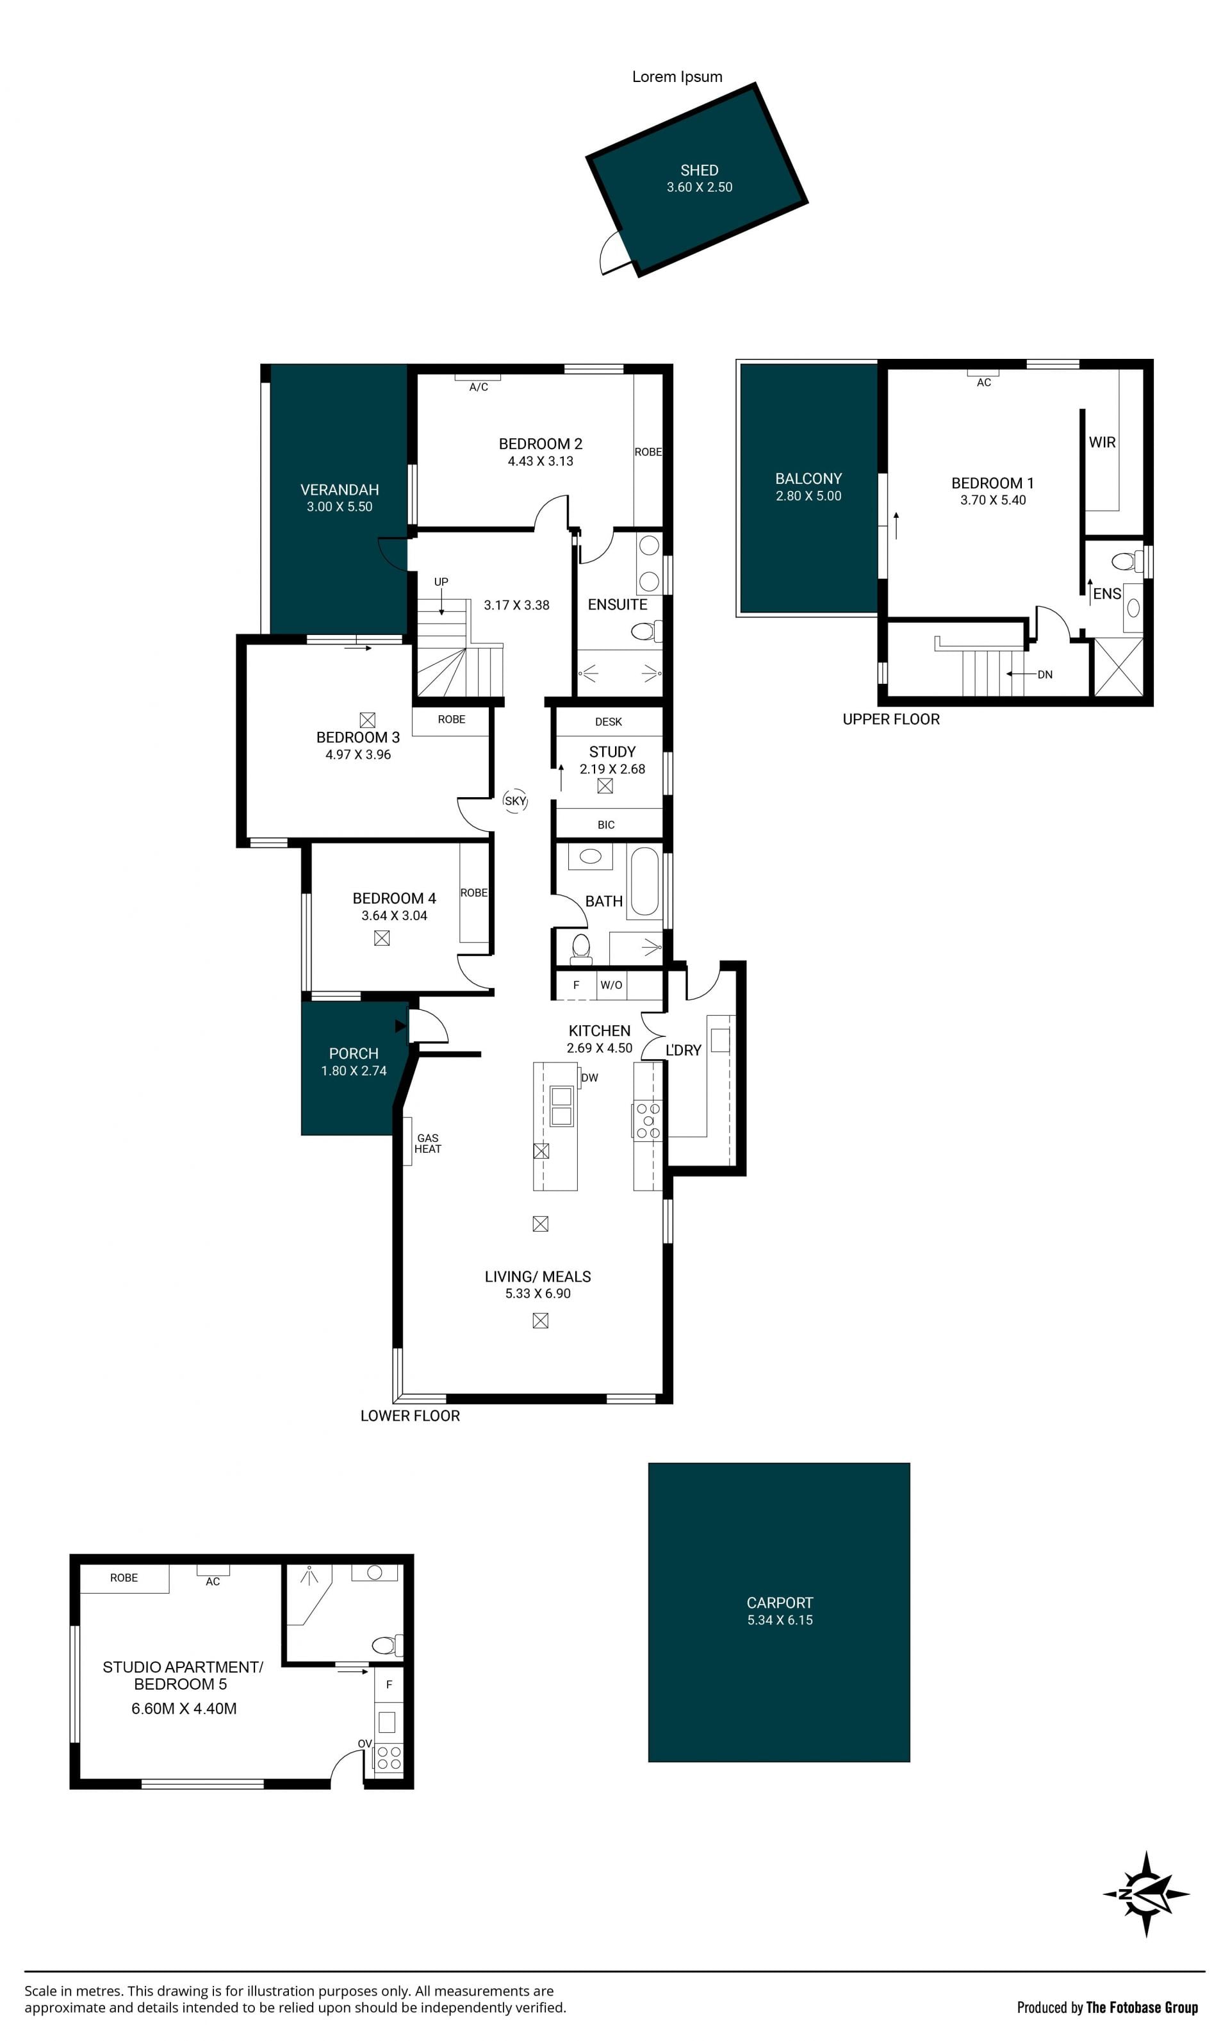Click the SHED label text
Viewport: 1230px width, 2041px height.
(x=699, y=170)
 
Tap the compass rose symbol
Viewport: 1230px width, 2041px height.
(x=1145, y=1894)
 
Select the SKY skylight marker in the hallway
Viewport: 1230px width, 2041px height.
(x=515, y=801)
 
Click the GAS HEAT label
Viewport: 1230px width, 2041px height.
(x=427, y=1143)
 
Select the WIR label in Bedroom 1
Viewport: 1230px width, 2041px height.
(x=1102, y=442)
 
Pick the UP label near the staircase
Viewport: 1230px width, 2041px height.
(x=441, y=581)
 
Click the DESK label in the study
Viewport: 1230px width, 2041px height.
(x=608, y=722)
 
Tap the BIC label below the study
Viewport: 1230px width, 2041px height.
(x=605, y=825)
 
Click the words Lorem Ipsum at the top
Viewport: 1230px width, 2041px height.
(x=676, y=77)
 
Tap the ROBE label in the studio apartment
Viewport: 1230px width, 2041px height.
(x=124, y=1578)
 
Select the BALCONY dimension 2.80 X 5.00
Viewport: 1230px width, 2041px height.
(x=808, y=496)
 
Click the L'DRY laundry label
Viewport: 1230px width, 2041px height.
(x=684, y=1050)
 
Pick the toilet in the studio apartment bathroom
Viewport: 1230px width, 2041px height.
(x=387, y=1645)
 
